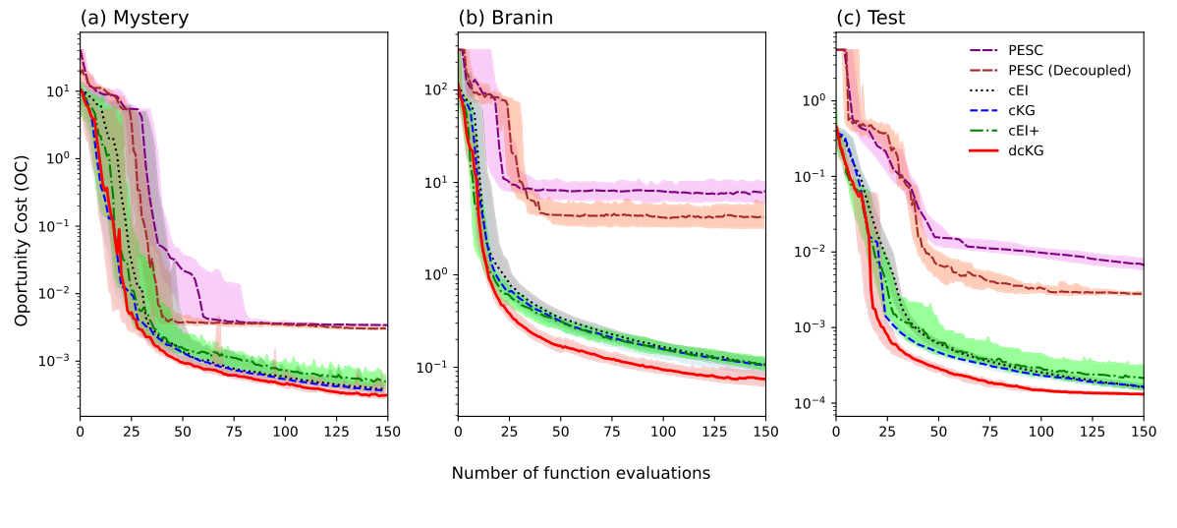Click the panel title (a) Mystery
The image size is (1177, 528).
pos(135,18)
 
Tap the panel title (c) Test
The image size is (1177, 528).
pos(870,18)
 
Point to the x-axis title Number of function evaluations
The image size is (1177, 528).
pos(581,474)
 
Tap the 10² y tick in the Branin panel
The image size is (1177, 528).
pos(435,89)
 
